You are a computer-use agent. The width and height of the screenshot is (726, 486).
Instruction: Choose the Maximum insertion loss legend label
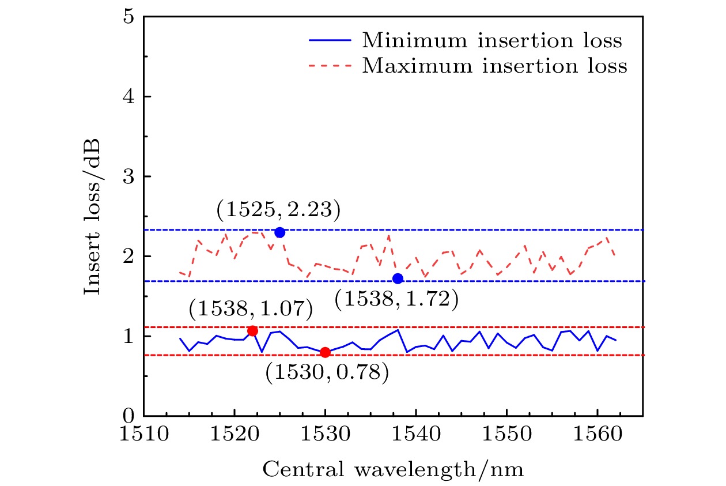pos(494,66)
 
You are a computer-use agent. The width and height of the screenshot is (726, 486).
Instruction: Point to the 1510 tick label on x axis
pos(144,432)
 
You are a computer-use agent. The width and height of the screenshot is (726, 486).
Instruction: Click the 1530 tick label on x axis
pos(325,432)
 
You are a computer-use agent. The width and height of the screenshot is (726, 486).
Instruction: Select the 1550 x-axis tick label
pos(506,432)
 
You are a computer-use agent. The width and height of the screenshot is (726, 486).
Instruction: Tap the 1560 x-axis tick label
pos(597,432)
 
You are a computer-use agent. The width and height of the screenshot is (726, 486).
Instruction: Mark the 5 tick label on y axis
pos(130,17)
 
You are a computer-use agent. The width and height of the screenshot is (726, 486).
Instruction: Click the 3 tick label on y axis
pos(130,176)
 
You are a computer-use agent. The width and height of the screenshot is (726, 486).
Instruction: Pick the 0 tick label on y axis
pos(130,415)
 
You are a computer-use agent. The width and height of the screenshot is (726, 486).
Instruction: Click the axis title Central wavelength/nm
pos(394,470)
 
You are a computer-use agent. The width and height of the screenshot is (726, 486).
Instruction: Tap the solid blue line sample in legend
pos(330,41)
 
